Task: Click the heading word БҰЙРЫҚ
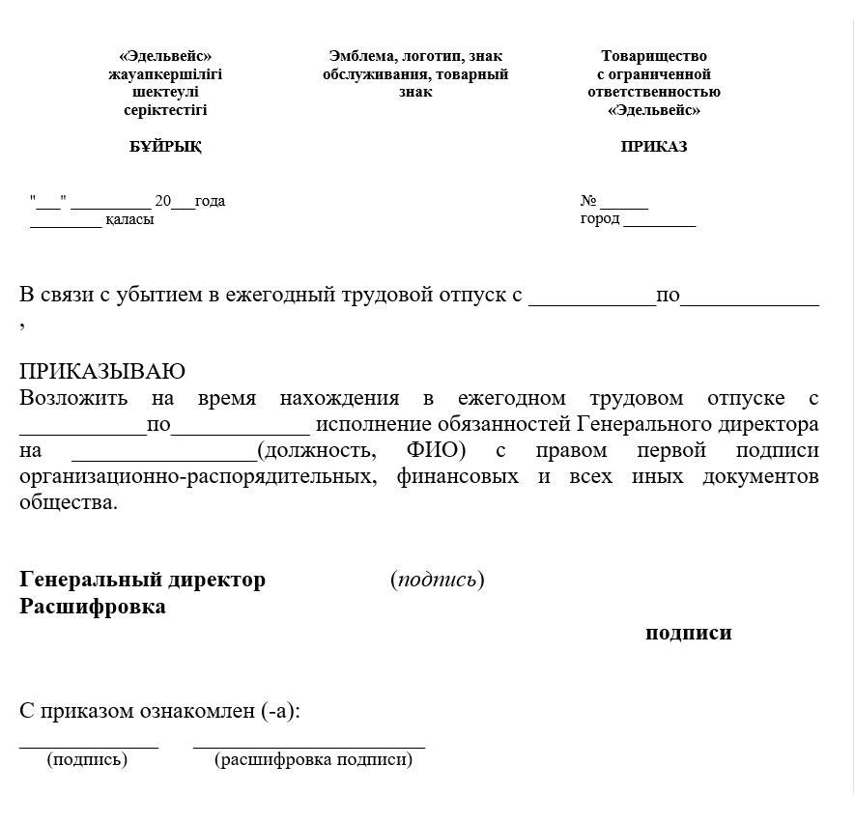coord(165,147)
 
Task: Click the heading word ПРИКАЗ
coord(654,147)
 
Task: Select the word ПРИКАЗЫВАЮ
coord(102,372)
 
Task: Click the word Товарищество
coord(654,56)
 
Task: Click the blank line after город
coord(659,224)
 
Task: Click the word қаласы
coord(129,219)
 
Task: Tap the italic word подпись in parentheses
coord(438,580)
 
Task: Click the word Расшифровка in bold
coord(93,607)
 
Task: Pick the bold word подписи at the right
coord(689,634)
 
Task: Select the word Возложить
coord(71,398)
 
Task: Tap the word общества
coord(68,503)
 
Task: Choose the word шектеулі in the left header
coord(165,92)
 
